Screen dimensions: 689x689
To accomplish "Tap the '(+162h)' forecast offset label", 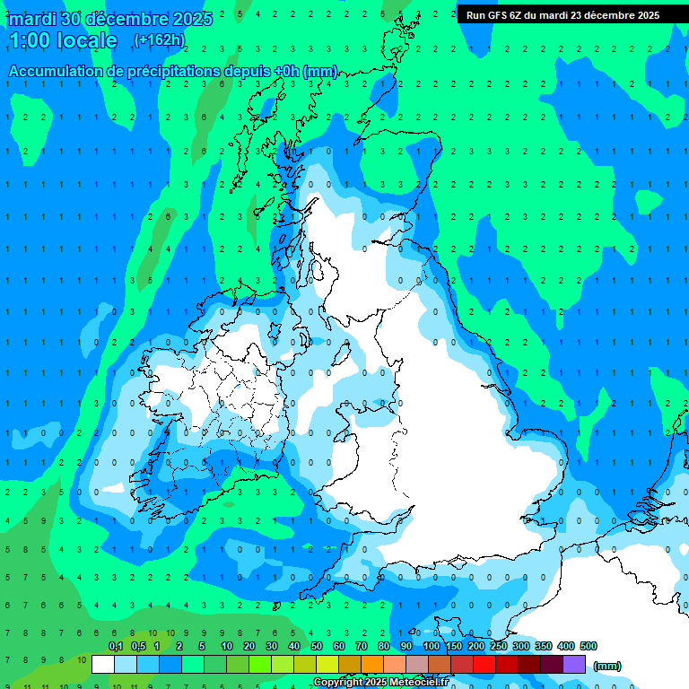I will click(x=159, y=39).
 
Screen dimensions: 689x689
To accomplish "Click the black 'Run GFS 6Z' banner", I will click(x=563, y=14).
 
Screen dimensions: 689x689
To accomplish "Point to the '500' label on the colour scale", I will click(x=589, y=646).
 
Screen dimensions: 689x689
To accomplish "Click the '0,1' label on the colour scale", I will click(x=115, y=646).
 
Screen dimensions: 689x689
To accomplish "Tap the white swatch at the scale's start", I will click(x=103, y=664).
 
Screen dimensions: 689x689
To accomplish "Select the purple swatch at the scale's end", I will click(x=574, y=664).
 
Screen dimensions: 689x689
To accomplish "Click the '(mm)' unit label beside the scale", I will click(x=607, y=666).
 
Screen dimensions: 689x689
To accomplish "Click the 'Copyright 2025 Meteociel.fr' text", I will click(x=380, y=683).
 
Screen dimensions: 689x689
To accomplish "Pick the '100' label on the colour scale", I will click(x=432, y=646).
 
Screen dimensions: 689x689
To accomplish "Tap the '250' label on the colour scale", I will click(x=499, y=646).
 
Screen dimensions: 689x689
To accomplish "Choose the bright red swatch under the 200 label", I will click(x=484, y=664).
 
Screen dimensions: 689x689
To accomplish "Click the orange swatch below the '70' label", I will click(x=372, y=664).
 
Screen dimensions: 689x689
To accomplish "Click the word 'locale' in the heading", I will click(x=87, y=40).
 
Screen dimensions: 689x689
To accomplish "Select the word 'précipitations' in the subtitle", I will click(x=196, y=71).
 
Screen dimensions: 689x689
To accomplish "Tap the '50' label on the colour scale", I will click(x=317, y=646).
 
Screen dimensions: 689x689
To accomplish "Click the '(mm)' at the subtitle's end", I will click(x=320, y=71).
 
